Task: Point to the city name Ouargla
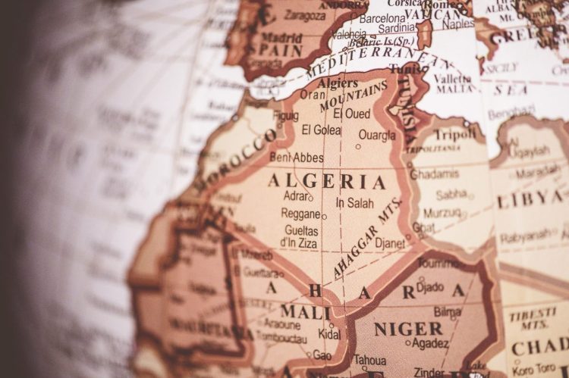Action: click(376, 136)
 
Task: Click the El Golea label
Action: click(321, 130)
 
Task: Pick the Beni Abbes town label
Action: click(297, 158)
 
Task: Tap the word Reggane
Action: click(300, 214)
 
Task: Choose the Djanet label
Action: click(391, 244)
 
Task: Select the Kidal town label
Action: click(329, 334)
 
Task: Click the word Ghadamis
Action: click(435, 173)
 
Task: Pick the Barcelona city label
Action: click(382, 17)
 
